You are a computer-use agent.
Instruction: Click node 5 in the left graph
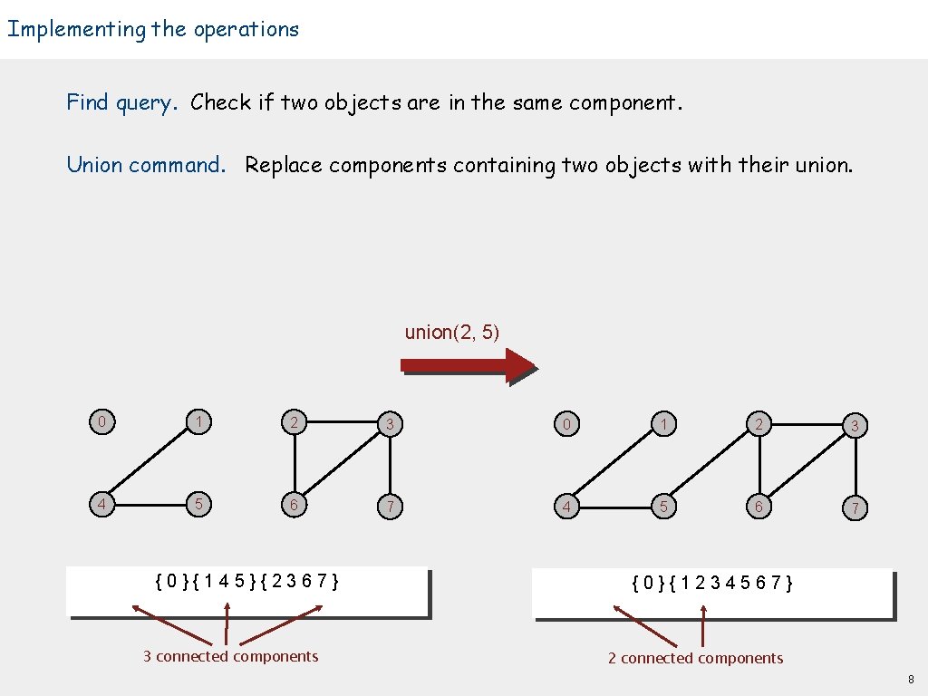click(x=197, y=504)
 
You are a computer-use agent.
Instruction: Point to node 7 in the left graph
click(x=390, y=507)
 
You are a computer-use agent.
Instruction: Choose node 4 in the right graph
click(x=566, y=507)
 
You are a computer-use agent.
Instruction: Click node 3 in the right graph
click(x=854, y=425)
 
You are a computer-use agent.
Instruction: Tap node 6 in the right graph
click(x=759, y=507)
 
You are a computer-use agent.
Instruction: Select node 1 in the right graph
click(x=663, y=424)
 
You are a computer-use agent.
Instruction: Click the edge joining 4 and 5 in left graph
click(x=150, y=505)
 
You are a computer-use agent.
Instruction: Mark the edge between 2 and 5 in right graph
click(x=711, y=465)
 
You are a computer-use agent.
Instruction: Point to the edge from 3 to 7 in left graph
click(x=390, y=465)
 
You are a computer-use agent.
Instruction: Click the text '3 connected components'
click(x=230, y=656)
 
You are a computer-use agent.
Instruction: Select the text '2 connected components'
click(x=695, y=658)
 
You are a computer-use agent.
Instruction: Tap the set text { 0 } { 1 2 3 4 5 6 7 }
click(x=712, y=583)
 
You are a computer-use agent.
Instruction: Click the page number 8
click(x=911, y=680)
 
